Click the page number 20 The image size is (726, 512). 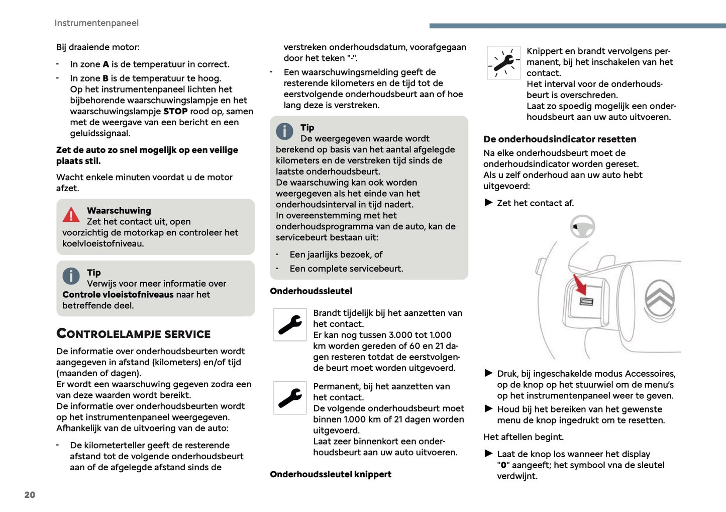30,495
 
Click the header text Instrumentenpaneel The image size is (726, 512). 96,23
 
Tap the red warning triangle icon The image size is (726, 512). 71,215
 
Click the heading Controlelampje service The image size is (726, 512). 134,334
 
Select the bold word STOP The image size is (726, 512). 175,111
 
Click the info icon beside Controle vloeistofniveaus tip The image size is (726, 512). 71,276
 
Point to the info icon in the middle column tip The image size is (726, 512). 284,131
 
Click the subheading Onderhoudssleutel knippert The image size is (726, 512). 331,474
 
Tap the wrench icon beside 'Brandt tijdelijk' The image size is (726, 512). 290,325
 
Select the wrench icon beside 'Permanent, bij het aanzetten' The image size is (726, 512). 290,398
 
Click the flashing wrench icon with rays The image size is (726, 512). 503,63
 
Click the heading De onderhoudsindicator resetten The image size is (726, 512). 560,139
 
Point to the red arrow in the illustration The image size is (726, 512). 580,285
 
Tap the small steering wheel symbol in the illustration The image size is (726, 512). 583,227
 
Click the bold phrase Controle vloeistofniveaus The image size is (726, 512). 118,295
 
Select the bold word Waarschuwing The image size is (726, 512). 119,211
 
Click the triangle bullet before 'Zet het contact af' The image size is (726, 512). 488,203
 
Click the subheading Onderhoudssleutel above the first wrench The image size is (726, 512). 311,291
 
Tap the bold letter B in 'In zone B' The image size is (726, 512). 106,78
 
